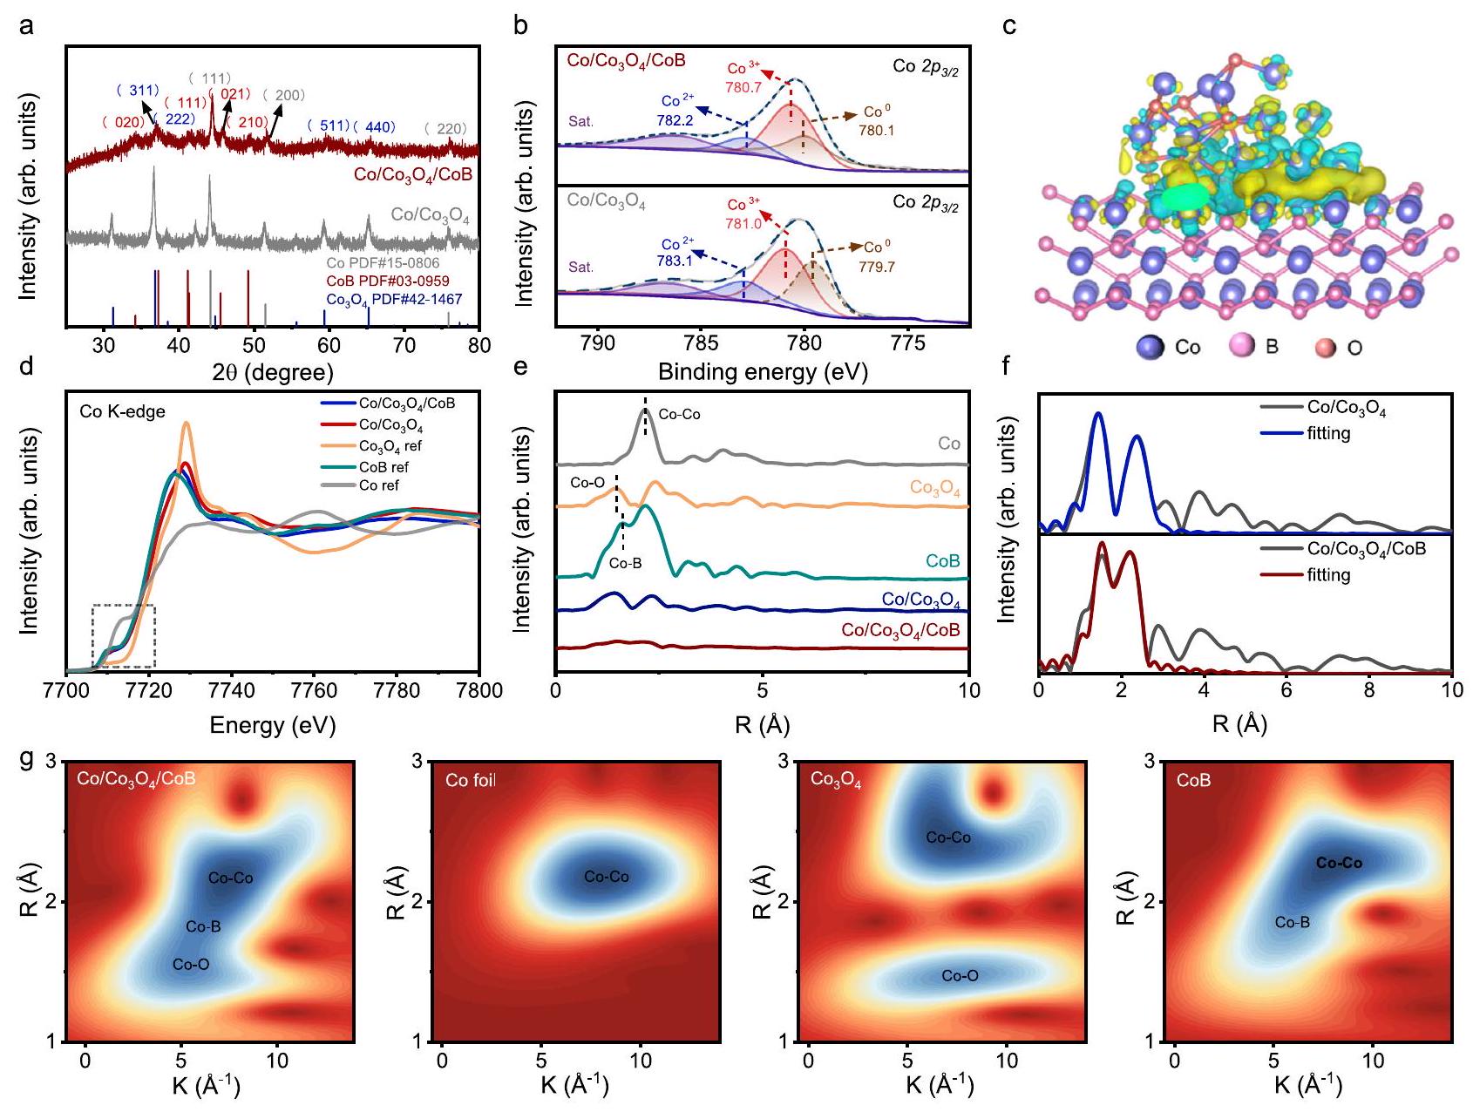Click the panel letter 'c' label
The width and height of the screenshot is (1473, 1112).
coord(1009,27)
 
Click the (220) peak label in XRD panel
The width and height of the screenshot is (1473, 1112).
coord(445,129)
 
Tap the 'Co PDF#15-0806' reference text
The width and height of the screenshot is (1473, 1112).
coord(383,263)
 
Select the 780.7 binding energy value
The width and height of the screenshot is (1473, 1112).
coord(743,88)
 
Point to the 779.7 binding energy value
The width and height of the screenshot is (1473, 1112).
coord(876,267)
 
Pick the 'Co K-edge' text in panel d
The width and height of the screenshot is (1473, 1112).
coord(122,411)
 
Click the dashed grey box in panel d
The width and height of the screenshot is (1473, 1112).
coord(124,635)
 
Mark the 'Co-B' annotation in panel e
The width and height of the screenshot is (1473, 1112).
coord(625,564)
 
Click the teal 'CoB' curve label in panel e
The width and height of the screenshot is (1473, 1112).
coord(942,561)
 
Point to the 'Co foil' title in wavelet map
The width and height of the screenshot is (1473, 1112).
coord(470,780)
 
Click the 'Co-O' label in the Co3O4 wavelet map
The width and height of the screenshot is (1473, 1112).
coord(960,976)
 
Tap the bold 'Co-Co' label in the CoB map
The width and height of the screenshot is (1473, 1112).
coord(1339,863)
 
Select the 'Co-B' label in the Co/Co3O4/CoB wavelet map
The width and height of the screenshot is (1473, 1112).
coord(203,926)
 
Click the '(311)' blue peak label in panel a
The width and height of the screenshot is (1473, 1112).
coord(138,91)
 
